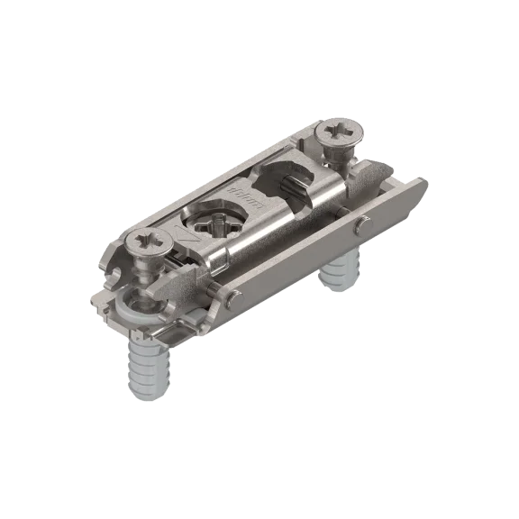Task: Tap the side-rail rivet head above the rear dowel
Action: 360,225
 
